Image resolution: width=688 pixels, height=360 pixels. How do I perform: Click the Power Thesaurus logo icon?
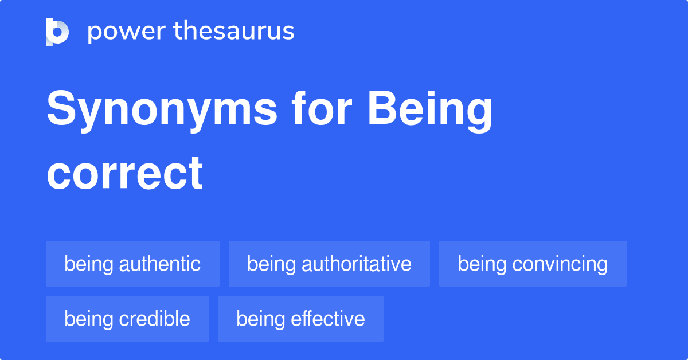tap(57, 32)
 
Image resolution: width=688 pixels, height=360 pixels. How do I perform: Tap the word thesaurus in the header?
tap(234, 31)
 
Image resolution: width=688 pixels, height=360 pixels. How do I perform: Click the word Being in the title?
tap(430, 110)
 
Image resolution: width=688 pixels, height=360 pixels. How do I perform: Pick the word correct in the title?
tap(124, 173)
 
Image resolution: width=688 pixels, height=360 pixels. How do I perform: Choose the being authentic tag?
tap(132, 264)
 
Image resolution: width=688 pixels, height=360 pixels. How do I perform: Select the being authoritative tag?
tap(329, 264)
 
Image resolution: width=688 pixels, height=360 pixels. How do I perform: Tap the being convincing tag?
tap(533, 264)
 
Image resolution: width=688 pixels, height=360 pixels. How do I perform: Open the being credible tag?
tap(127, 319)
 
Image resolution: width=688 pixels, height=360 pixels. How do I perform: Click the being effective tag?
tap(300, 319)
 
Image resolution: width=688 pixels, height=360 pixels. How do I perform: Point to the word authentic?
tap(159, 264)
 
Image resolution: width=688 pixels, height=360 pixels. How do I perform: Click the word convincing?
tap(560, 264)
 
